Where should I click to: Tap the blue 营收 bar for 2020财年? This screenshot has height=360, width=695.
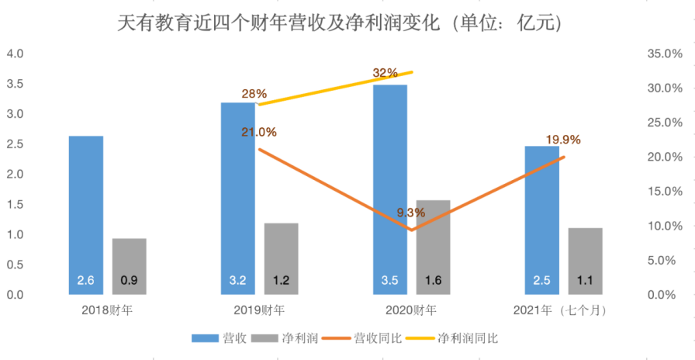(389, 186)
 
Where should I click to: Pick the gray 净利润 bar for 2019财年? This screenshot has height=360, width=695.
(281, 256)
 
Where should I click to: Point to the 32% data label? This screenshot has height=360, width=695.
(385, 73)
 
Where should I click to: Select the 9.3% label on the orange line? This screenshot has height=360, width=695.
(410, 212)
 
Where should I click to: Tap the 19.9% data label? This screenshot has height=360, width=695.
(562, 140)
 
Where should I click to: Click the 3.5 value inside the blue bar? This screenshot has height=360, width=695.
(389, 281)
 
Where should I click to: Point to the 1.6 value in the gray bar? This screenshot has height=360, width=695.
(433, 281)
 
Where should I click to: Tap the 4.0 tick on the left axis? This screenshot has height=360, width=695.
(16, 54)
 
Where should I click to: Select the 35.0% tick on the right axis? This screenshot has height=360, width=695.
(663, 54)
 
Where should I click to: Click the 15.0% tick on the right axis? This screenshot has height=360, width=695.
(663, 192)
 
